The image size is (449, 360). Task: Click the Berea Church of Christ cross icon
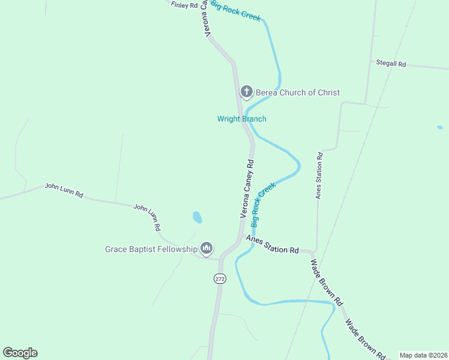246,92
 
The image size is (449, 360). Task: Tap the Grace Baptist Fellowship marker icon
206,247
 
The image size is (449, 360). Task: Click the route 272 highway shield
219,278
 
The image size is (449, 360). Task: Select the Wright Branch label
241,119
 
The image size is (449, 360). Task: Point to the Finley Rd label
184,5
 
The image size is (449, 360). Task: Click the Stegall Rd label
391,63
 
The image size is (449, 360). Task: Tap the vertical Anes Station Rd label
319,175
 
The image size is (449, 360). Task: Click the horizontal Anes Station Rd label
273,244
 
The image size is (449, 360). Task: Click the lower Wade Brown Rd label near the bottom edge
364,339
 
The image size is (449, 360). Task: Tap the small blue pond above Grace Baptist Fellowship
197,217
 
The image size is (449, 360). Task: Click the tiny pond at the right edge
440,127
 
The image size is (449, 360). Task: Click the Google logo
20,353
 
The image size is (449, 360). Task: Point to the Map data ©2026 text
423,355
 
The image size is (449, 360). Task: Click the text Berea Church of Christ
298,92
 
